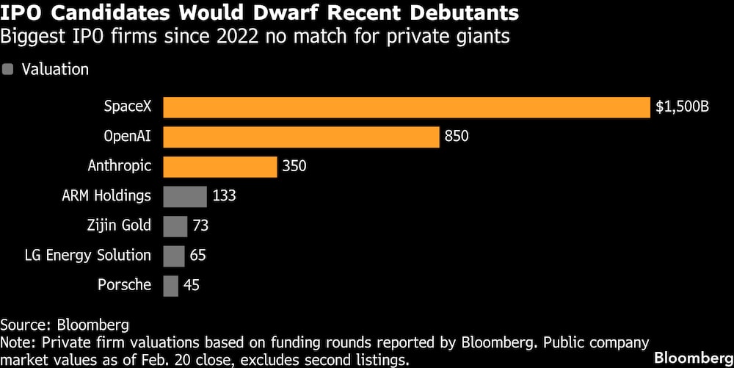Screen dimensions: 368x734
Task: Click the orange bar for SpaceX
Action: [407, 107]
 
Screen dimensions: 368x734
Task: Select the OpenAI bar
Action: [301, 137]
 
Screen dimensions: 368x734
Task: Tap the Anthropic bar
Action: [219, 166]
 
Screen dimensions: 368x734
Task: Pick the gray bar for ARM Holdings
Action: [185, 196]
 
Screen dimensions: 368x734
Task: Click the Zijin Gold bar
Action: [175, 226]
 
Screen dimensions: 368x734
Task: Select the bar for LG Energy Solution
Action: [173, 256]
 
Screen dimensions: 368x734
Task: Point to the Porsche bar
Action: [170, 285]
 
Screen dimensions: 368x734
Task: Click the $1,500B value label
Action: [682, 107]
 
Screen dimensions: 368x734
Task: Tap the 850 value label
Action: [455, 137]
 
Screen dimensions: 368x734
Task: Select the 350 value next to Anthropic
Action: [294, 166]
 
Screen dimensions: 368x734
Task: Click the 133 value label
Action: [224, 196]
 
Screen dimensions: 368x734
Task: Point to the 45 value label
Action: [192, 285]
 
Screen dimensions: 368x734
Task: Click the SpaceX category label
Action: [127, 107]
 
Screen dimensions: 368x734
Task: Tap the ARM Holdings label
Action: [107, 196]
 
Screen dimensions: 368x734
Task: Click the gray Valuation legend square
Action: [8, 70]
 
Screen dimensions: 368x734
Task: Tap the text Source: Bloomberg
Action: [65, 324]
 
